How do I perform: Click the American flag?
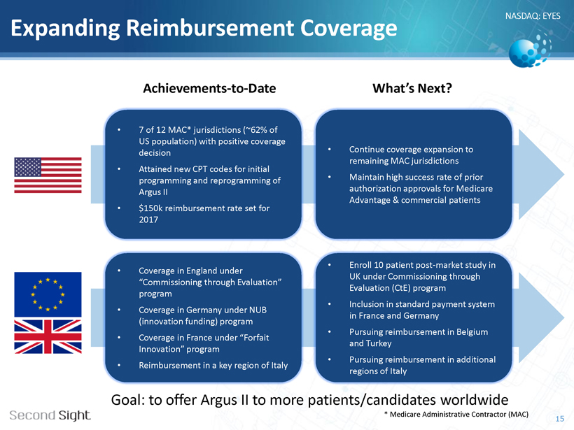48,175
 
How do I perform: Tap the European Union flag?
48,294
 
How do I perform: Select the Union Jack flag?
48,336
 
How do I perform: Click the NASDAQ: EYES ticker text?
533,15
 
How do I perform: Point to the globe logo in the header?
530,50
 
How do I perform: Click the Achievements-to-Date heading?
209,89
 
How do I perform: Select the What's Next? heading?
412,89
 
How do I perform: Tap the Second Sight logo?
50,415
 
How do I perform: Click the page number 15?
560,419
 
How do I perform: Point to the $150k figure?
150,208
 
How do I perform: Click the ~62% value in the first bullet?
258,130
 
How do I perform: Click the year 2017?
148,220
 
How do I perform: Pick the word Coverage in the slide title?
349,28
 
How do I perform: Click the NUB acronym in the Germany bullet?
258,310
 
